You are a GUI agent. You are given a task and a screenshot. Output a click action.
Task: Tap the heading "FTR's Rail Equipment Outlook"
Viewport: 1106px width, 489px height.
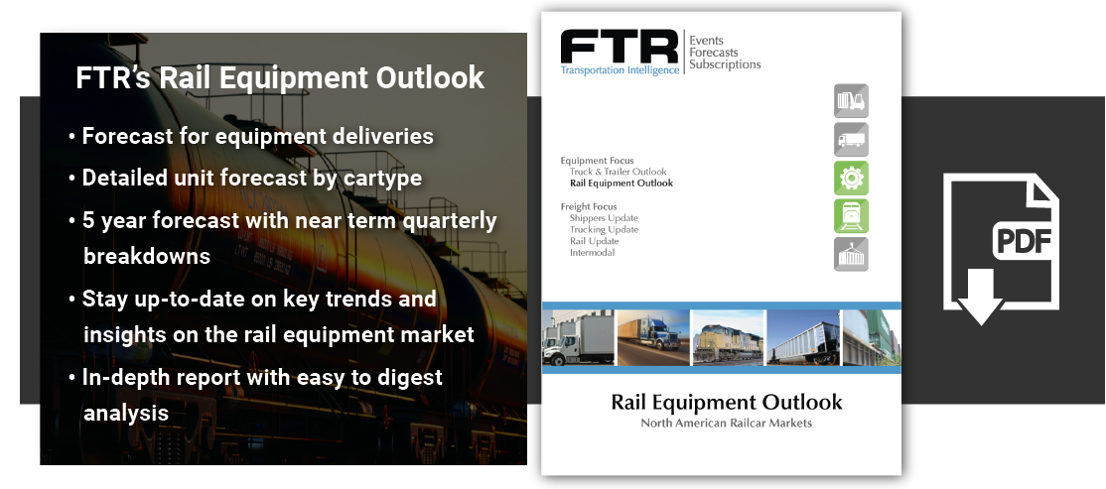click(x=280, y=78)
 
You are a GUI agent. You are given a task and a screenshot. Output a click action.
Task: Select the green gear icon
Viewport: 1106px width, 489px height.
click(x=851, y=179)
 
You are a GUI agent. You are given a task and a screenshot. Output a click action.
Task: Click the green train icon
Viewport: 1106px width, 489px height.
click(x=851, y=216)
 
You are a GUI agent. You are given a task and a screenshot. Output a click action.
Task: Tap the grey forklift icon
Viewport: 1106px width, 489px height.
click(x=851, y=101)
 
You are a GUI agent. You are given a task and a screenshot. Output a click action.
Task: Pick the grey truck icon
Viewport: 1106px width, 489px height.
click(x=851, y=140)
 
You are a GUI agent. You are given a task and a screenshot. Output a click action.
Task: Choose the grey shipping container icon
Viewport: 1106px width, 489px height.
click(x=851, y=255)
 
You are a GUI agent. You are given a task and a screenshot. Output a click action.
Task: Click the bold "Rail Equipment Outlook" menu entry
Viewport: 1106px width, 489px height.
click(x=621, y=183)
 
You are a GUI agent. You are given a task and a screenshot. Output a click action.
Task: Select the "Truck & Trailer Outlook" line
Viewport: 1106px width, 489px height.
click(x=618, y=172)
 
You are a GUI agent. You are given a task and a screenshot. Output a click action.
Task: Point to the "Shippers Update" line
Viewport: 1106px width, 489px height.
click(x=604, y=218)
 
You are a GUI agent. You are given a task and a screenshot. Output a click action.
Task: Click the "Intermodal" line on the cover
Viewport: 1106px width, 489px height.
click(x=592, y=253)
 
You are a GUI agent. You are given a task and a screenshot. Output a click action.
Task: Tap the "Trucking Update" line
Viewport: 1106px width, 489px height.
click(x=604, y=230)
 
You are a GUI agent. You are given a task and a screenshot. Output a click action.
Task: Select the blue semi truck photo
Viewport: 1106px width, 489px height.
click(x=653, y=337)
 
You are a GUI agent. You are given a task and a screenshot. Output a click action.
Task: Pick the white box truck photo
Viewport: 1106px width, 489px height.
click(x=577, y=337)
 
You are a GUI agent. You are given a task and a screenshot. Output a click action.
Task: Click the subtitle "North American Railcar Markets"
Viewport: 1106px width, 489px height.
click(x=726, y=424)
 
